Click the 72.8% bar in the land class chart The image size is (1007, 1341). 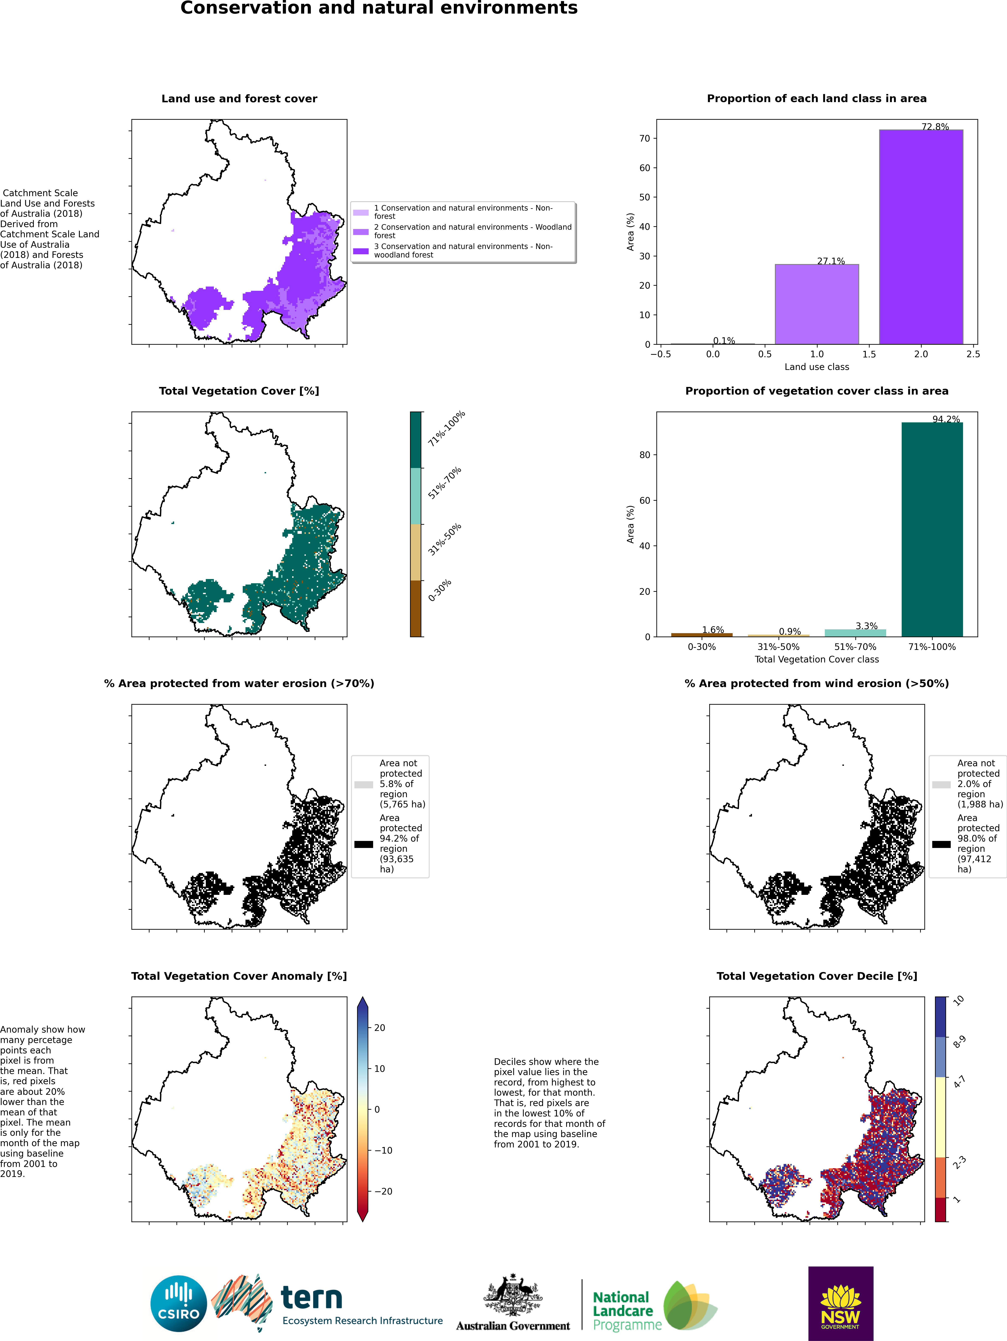(x=921, y=237)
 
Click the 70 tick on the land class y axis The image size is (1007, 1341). (x=644, y=138)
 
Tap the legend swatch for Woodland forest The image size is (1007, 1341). (x=361, y=232)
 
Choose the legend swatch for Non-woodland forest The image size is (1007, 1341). (x=361, y=251)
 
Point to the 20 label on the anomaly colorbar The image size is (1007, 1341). (x=380, y=1028)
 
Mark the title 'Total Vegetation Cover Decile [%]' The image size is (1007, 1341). (x=817, y=976)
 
